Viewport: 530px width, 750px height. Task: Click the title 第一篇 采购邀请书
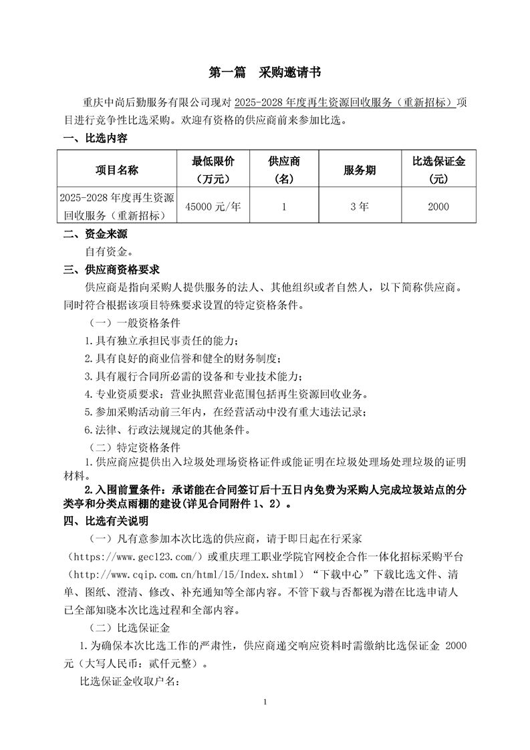(x=265, y=72)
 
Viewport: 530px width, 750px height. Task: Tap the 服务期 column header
(x=360, y=170)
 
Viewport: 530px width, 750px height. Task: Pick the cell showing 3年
(x=360, y=207)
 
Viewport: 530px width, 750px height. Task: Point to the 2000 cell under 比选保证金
(x=438, y=207)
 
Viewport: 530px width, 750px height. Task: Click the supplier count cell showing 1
(x=284, y=207)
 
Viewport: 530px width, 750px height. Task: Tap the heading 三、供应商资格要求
(x=111, y=270)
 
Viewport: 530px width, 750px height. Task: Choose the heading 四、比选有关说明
(x=106, y=520)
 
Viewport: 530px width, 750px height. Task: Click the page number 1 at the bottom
(x=265, y=702)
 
